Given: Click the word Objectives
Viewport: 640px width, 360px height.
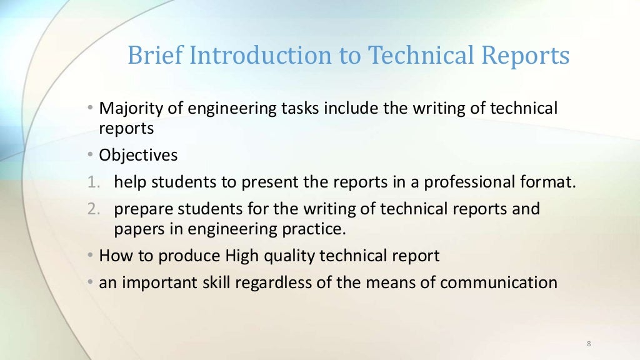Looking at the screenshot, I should click(138, 154).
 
